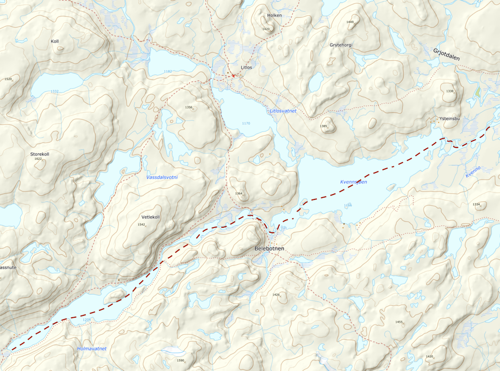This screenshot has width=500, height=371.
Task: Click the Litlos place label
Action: [246, 67]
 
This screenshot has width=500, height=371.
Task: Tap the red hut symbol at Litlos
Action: [234, 75]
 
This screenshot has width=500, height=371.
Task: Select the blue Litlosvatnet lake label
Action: [282, 111]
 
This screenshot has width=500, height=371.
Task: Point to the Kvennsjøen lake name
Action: [353, 182]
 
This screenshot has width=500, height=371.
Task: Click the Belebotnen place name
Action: [269, 249]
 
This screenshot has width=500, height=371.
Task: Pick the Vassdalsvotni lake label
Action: [162, 177]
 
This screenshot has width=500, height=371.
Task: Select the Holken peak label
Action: [274, 15]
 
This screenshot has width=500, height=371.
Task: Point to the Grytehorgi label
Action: [341, 45]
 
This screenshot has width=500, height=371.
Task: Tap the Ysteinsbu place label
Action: [450, 119]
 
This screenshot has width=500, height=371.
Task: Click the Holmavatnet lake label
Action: [92, 349]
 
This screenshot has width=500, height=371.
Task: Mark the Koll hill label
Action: [55, 41]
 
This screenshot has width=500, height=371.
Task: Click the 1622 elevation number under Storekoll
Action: [38, 159]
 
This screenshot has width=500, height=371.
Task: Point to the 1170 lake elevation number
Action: [246, 123]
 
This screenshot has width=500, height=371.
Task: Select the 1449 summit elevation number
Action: [350, 22]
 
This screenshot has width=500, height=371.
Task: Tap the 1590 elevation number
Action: [181, 360]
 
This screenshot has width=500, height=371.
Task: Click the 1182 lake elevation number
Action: [168, 71]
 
